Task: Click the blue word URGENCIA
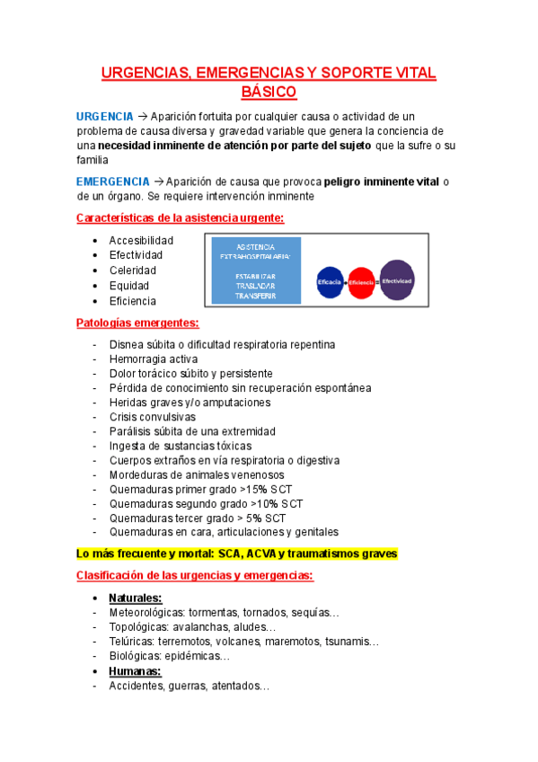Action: click(105, 117)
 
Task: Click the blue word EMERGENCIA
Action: click(113, 182)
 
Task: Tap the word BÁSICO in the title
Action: click(269, 92)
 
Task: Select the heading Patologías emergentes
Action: click(137, 323)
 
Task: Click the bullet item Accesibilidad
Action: click(141, 241)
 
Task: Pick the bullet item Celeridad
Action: click(132, 270)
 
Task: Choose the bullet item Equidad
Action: click(130, 286)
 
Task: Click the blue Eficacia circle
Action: click(330, 281)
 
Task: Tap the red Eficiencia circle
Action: click(361, 281)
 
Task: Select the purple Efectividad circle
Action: click(397, 279)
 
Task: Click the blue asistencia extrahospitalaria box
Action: click(255, 270)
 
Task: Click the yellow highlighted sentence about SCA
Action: click(236, 554)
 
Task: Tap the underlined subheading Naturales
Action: click(136, 598)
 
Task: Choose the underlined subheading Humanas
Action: click(135, 671)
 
